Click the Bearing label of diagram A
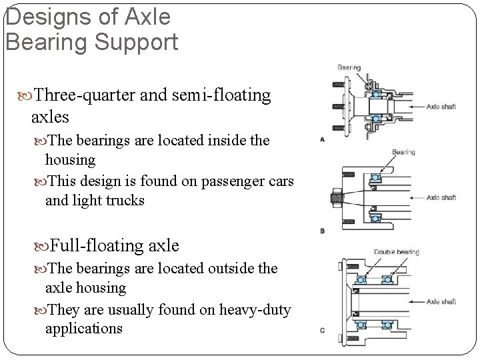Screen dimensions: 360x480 coord(349,67)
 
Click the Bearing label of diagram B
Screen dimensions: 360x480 coord(403,152)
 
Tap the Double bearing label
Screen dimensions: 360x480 coord(396,252)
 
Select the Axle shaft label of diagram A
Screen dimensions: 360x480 coord(441,105)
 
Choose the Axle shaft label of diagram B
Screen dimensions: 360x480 coord(441,197)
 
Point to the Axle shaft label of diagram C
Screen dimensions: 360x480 coord(441,301)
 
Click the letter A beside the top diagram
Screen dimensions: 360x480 coord(323,140)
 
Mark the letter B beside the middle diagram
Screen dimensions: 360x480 coord(323,231)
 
